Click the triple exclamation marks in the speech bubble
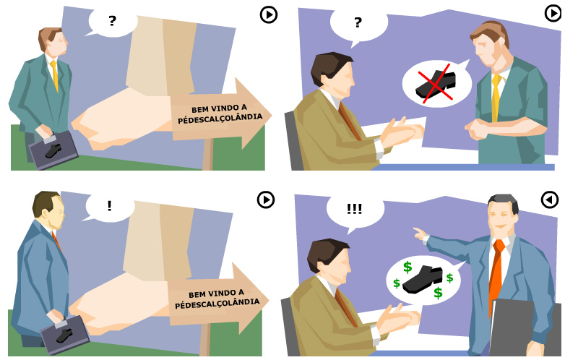(354, 209)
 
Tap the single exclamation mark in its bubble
(109, 206)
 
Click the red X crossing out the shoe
(435, 84)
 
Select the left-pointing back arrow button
(550, 200)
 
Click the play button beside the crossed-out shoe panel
(553, 13)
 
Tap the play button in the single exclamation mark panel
(266, 200)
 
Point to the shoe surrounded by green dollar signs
(423, 279)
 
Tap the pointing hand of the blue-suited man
(420, 234)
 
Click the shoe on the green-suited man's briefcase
(53, 151)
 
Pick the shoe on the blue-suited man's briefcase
(64, 335)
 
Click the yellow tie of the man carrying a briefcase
(55, 75)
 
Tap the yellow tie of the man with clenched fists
(496, 98)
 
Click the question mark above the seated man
(358, 22)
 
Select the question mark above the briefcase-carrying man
(113, 20)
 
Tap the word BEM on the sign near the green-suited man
(199, 110)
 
